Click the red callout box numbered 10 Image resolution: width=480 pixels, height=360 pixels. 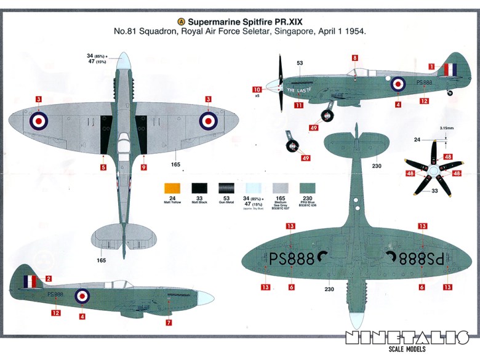click(x=257, y=89)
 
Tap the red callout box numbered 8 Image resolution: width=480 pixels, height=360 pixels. click(x=354, y=58)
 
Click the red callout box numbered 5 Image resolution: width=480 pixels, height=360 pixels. click(x=103, y=167)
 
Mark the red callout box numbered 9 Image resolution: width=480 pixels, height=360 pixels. click(x=143, y=167)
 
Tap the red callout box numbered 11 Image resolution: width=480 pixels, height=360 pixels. click(x=298, y=105)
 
